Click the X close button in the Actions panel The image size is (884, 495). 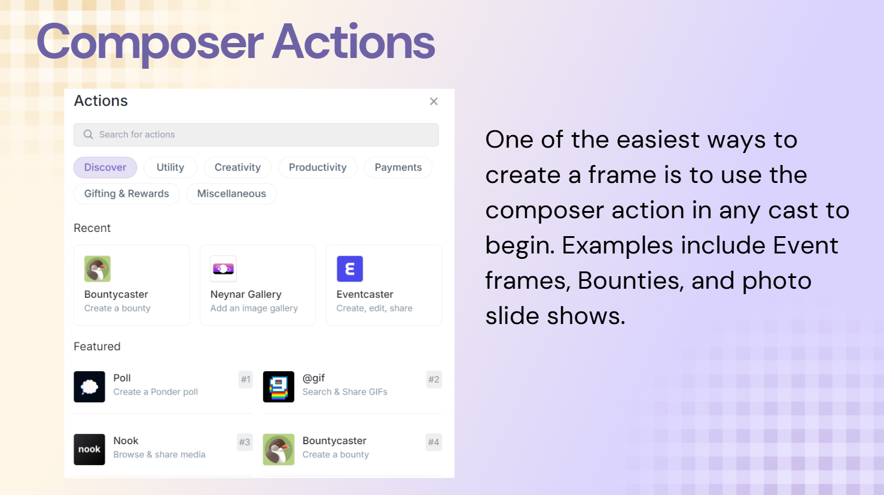coord(434,102)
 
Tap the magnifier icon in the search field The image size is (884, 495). coord(88,135)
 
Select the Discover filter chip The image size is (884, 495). coord(105,167)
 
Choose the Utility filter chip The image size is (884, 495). coord(170,167)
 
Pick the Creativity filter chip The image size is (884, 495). coord(237,167)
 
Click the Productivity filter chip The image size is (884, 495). coord(318,167)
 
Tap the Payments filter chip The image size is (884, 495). coord(398,167)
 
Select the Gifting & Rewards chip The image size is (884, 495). coord(126,194)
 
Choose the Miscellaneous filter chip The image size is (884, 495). coord(231,194)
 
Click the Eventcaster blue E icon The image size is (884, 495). coord(350,268)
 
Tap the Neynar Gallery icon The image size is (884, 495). coord(223,268)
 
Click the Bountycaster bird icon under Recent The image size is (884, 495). coord(97,268)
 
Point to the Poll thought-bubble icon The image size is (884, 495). coord(89,387)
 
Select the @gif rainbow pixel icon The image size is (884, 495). coord(279,387)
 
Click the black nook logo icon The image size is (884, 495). coord(89,449)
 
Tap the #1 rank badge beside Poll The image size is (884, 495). coord(245,380)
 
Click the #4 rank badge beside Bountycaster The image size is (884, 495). coord(434,442)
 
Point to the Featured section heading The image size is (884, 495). coord(97,346)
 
